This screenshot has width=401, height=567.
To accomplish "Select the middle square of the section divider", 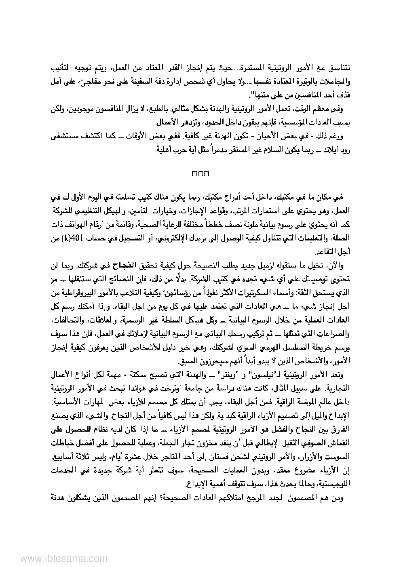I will tap(200, 174).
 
